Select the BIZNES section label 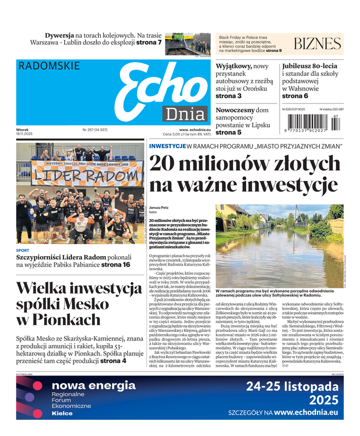(x=317, y=44)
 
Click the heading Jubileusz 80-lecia (x=310, y=66)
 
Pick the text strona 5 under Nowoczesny (x=228, y=132)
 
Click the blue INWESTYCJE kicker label (x=167, y=146)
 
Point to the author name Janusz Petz (x=160, y=207)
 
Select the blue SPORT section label (x=23, y=251)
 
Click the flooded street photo (x=280, y=244)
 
